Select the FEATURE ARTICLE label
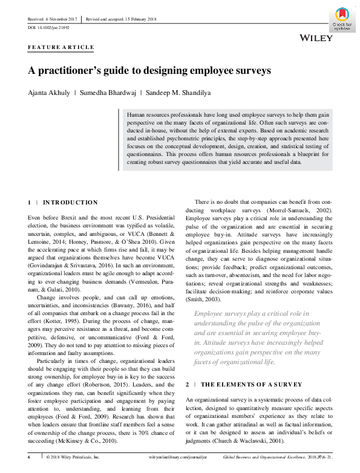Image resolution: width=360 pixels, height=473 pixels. pyautogui.click(x=61, y=47)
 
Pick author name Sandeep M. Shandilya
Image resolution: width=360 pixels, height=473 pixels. pyautogui.click(x=180, y=93)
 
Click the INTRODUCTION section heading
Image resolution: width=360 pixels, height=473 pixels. pyautogui.click(x=71, y=202)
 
